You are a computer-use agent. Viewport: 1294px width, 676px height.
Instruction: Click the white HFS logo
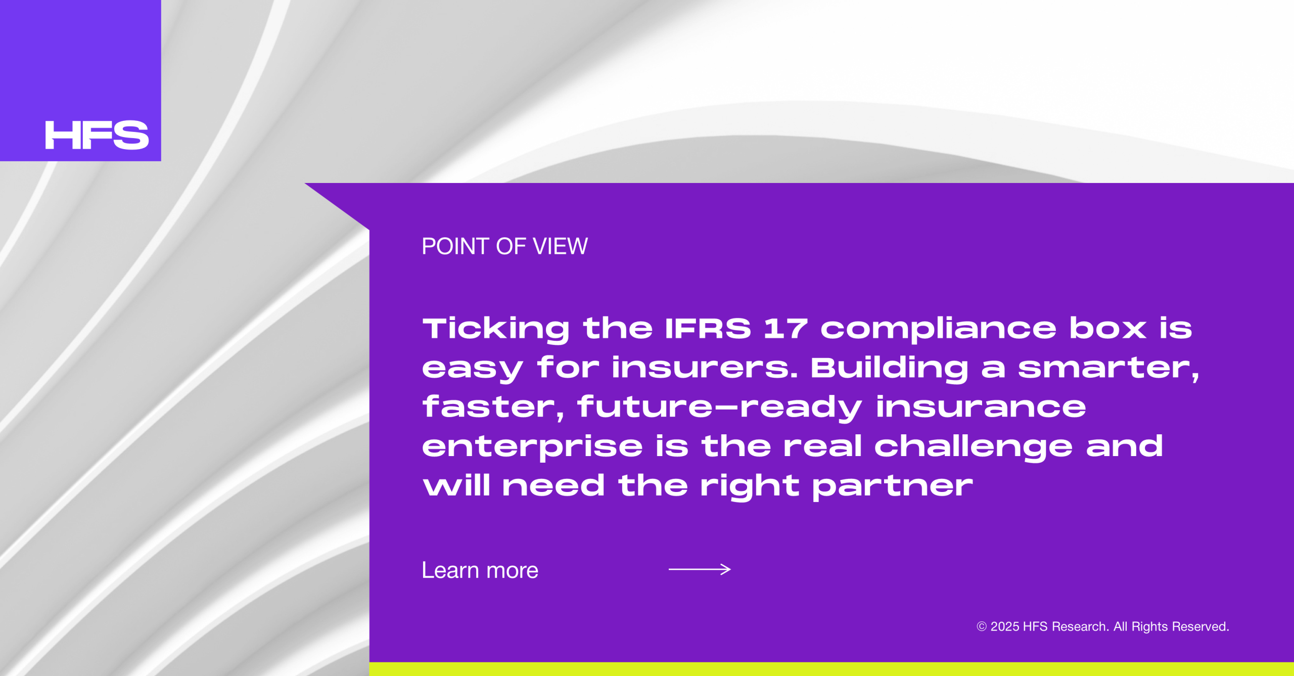tap(97, 135)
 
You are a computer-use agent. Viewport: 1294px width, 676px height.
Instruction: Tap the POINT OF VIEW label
tap(504, 246)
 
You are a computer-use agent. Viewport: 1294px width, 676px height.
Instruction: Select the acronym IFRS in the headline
tap(708, 328)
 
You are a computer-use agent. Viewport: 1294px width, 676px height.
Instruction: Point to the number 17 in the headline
tap(785, 328)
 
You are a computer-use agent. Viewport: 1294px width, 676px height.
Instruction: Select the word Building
tap(890, 369)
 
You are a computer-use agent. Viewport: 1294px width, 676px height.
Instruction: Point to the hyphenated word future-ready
tap(720, 408)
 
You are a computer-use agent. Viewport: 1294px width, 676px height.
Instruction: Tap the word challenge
tap(974, 447)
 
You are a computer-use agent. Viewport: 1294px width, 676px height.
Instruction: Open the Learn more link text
tap(480, 570)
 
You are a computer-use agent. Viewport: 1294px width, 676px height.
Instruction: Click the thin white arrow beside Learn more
tap(700, 569)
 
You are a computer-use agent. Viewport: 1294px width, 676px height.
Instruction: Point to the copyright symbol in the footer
tap(982, 626)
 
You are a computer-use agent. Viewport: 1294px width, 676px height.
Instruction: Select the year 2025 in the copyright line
tap(1004, 626)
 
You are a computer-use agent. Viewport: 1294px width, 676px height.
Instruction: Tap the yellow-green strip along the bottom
tap(831, 669)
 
